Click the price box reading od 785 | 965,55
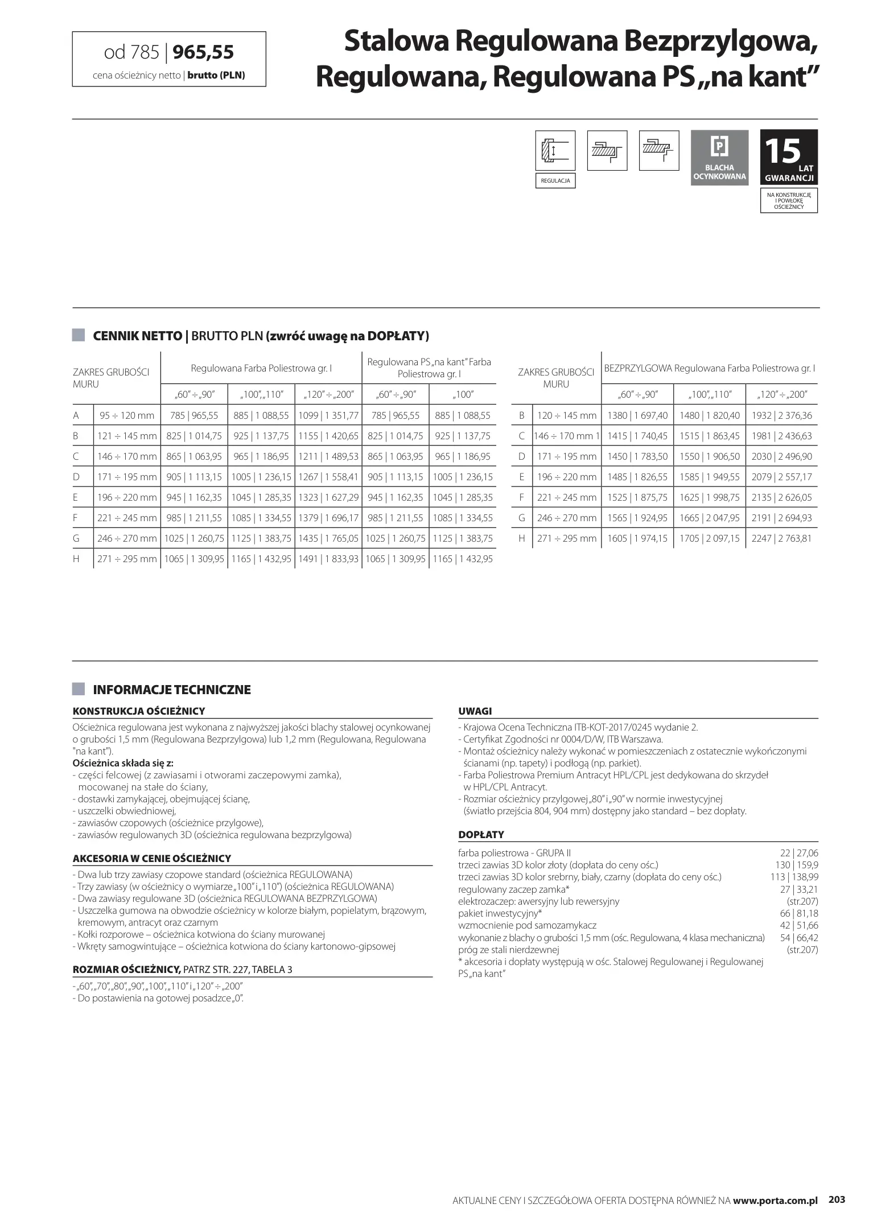169,59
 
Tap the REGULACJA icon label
555,181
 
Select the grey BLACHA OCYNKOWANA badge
719,156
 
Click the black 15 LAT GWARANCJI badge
789,156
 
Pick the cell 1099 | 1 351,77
328,415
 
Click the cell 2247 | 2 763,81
781,538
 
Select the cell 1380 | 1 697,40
637,415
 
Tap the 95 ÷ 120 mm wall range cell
127,415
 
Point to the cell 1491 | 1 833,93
328,559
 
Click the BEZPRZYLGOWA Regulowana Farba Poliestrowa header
709,368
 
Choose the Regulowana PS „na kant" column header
429,368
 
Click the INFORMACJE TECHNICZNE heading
171,690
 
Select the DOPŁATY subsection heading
481,834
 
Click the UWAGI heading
475,711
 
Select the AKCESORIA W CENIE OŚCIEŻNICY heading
151,858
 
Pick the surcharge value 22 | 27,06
798,853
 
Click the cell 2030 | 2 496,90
781,456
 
